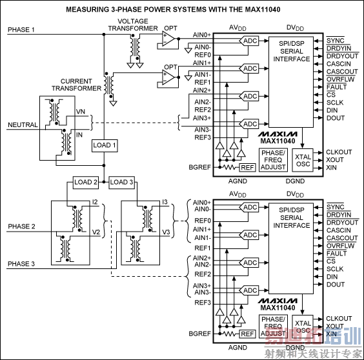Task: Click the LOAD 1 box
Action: pyautogui.click(x=105, y=145)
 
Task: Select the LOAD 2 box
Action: pyautogui.click(x=86, y=183)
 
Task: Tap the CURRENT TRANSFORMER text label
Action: pyautogui.click(x=81, y=85)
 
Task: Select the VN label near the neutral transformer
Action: pyautogui.click(x=81, y=112)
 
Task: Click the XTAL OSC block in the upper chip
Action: pyautogui.click(x=302, y=160)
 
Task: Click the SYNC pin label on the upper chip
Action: pyautogui.click(x=335, y=40)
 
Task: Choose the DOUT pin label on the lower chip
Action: pyautogui.click(x=336, y=285)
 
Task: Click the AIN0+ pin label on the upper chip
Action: pyautogui.click(x=202, y=35)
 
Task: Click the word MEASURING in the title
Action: pyautogui.click(x=90, y=9)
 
